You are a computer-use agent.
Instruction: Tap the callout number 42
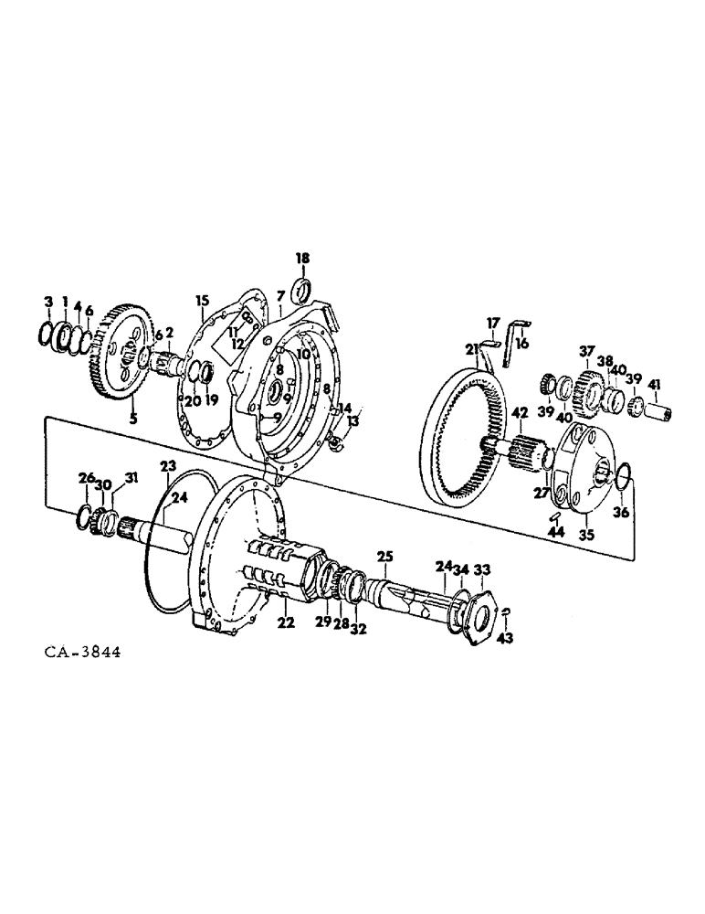point(519,413)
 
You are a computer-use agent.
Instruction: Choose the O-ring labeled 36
point(620,475)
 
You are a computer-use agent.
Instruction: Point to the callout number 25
point(384,555)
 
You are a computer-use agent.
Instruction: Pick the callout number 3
point(48,302)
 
